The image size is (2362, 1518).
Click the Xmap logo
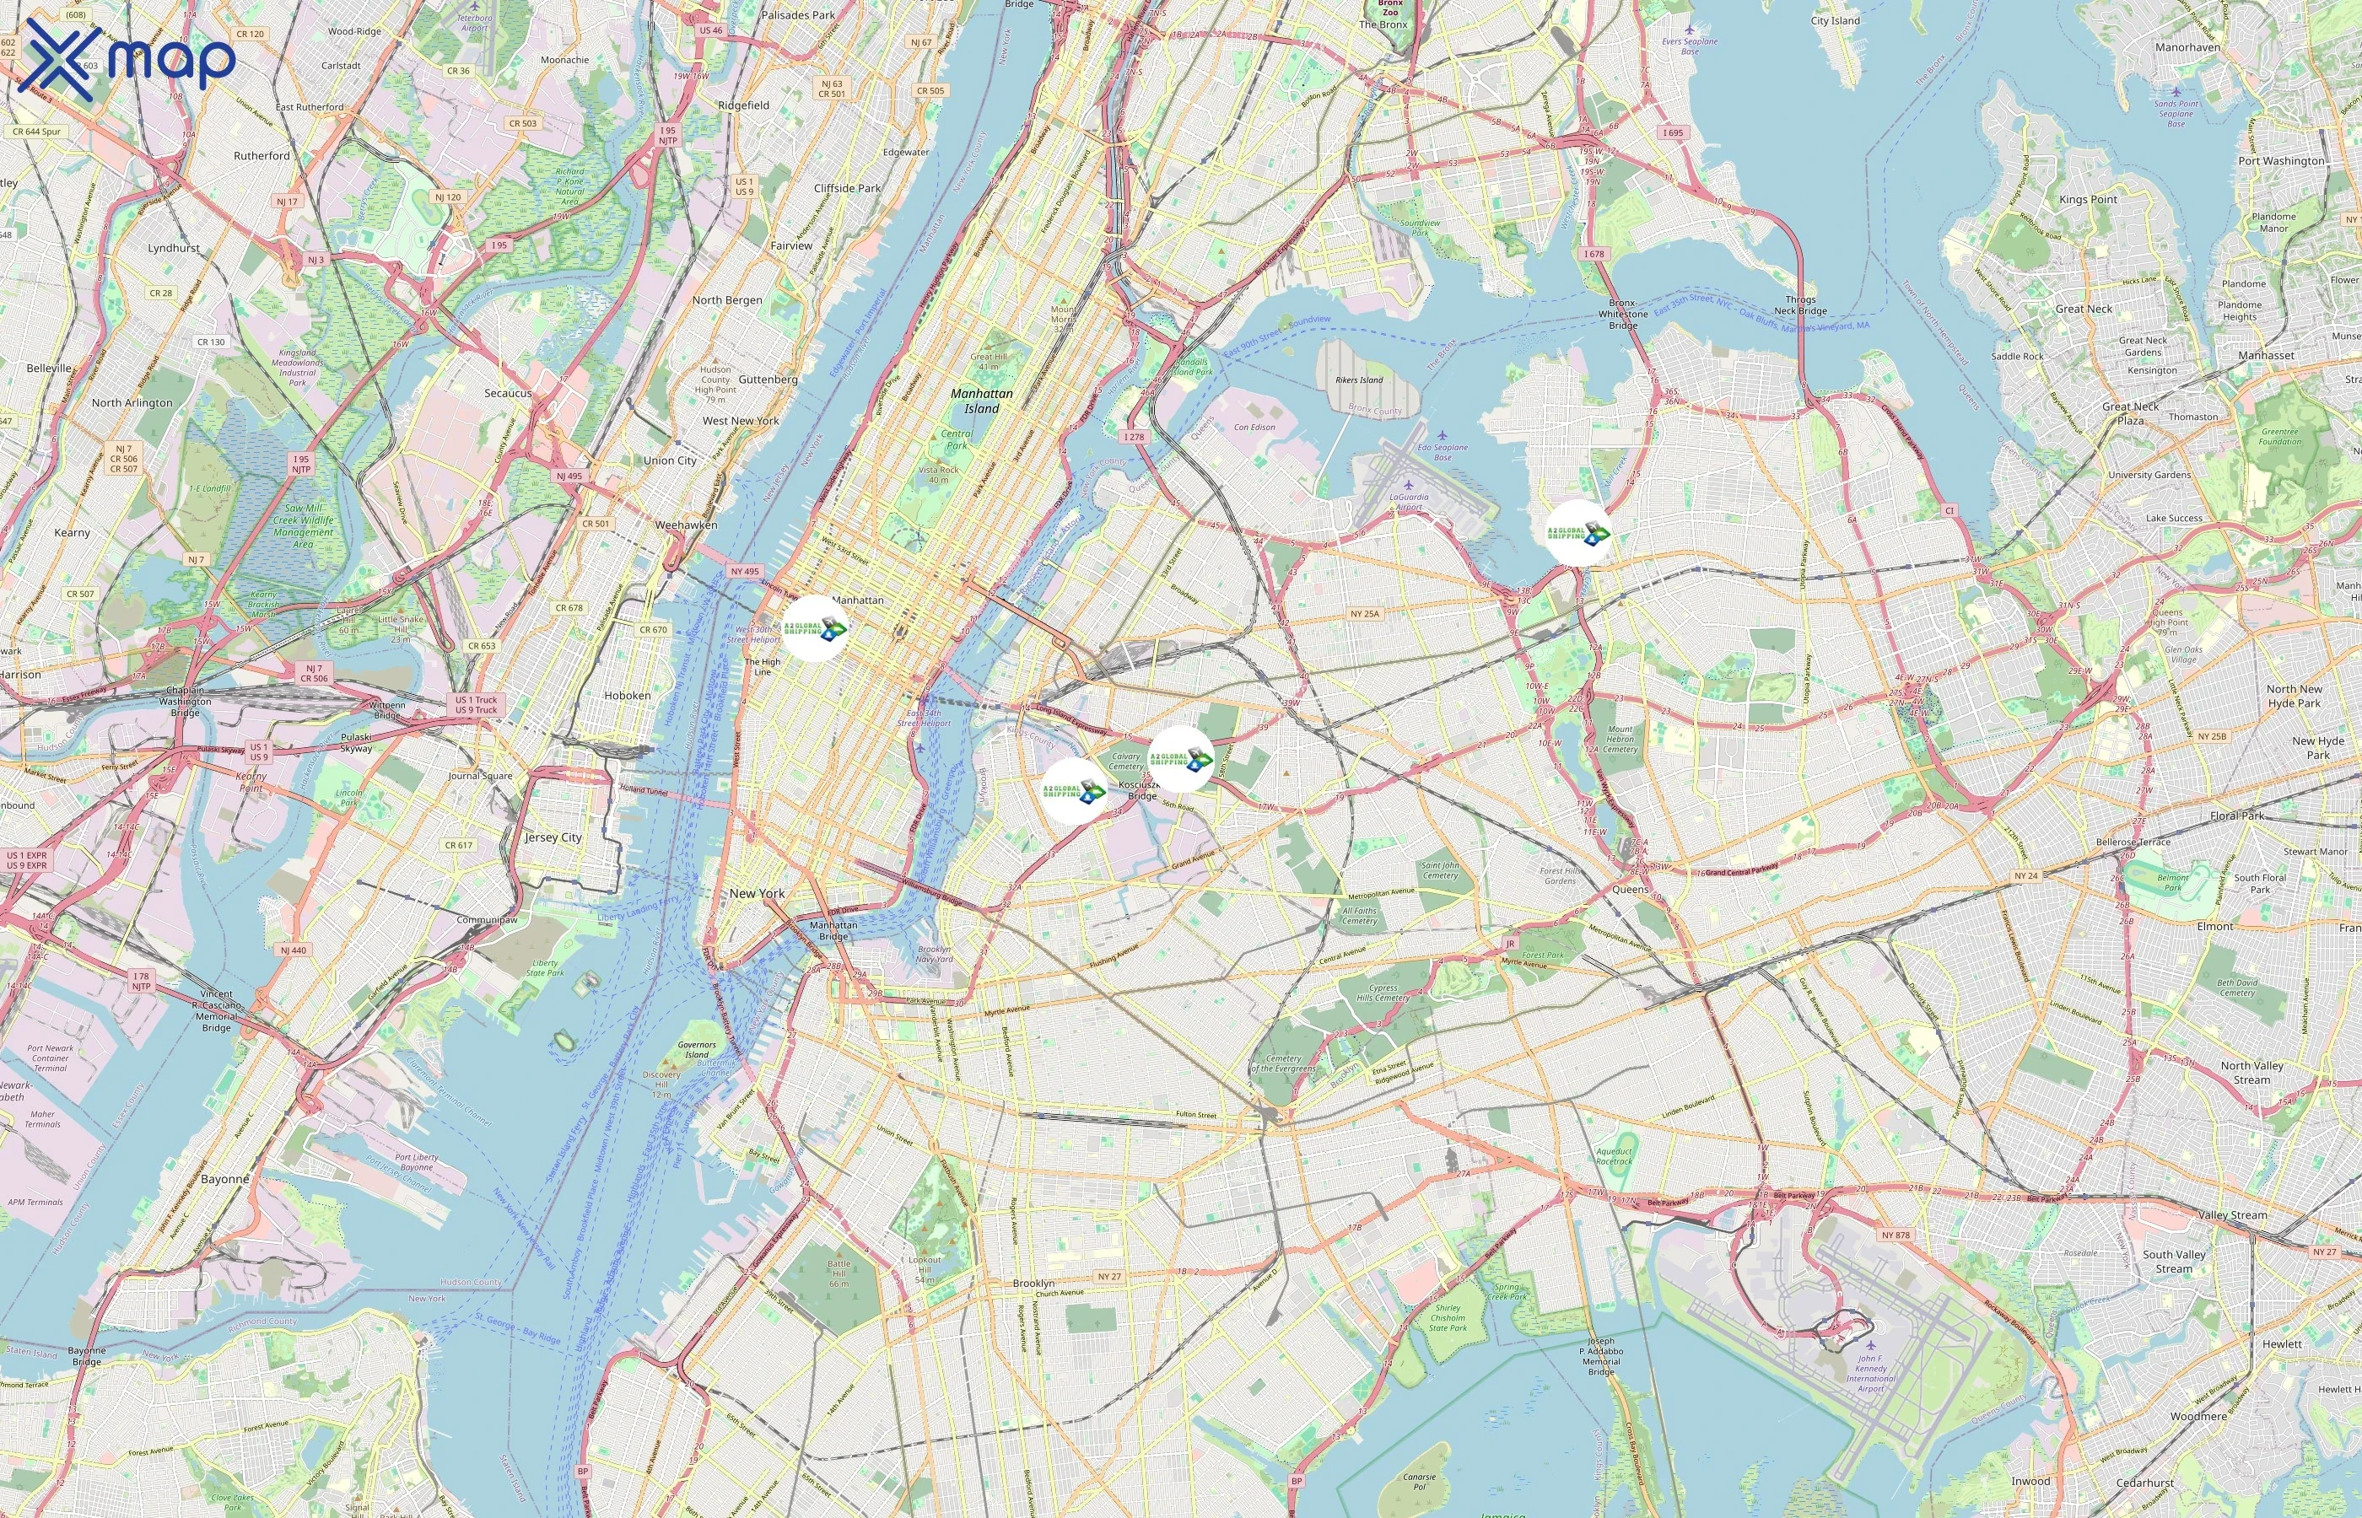[127, 60]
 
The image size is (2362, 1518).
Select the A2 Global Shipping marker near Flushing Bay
[1577, 533]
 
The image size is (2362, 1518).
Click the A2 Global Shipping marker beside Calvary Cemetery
[1181, 759]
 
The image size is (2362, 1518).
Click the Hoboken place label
[627, 695]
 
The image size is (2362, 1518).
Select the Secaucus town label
[508, 393]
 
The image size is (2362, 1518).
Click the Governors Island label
[697, 1049]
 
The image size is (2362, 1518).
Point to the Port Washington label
[2280, 161]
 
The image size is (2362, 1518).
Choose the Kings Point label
[2088, 199]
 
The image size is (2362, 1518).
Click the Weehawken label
[686, 525]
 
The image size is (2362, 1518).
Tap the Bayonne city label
[224, 1179]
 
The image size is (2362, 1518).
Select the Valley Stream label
[2232, 1215]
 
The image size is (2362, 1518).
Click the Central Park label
[957, 439]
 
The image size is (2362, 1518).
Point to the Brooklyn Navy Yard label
[934, 954]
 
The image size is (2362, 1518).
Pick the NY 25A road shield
[1364, 614]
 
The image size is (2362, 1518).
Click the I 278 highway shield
[1135, 437]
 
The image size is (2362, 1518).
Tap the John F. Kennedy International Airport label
[1870, 1373]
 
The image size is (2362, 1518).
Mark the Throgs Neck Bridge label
[1800, 304]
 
